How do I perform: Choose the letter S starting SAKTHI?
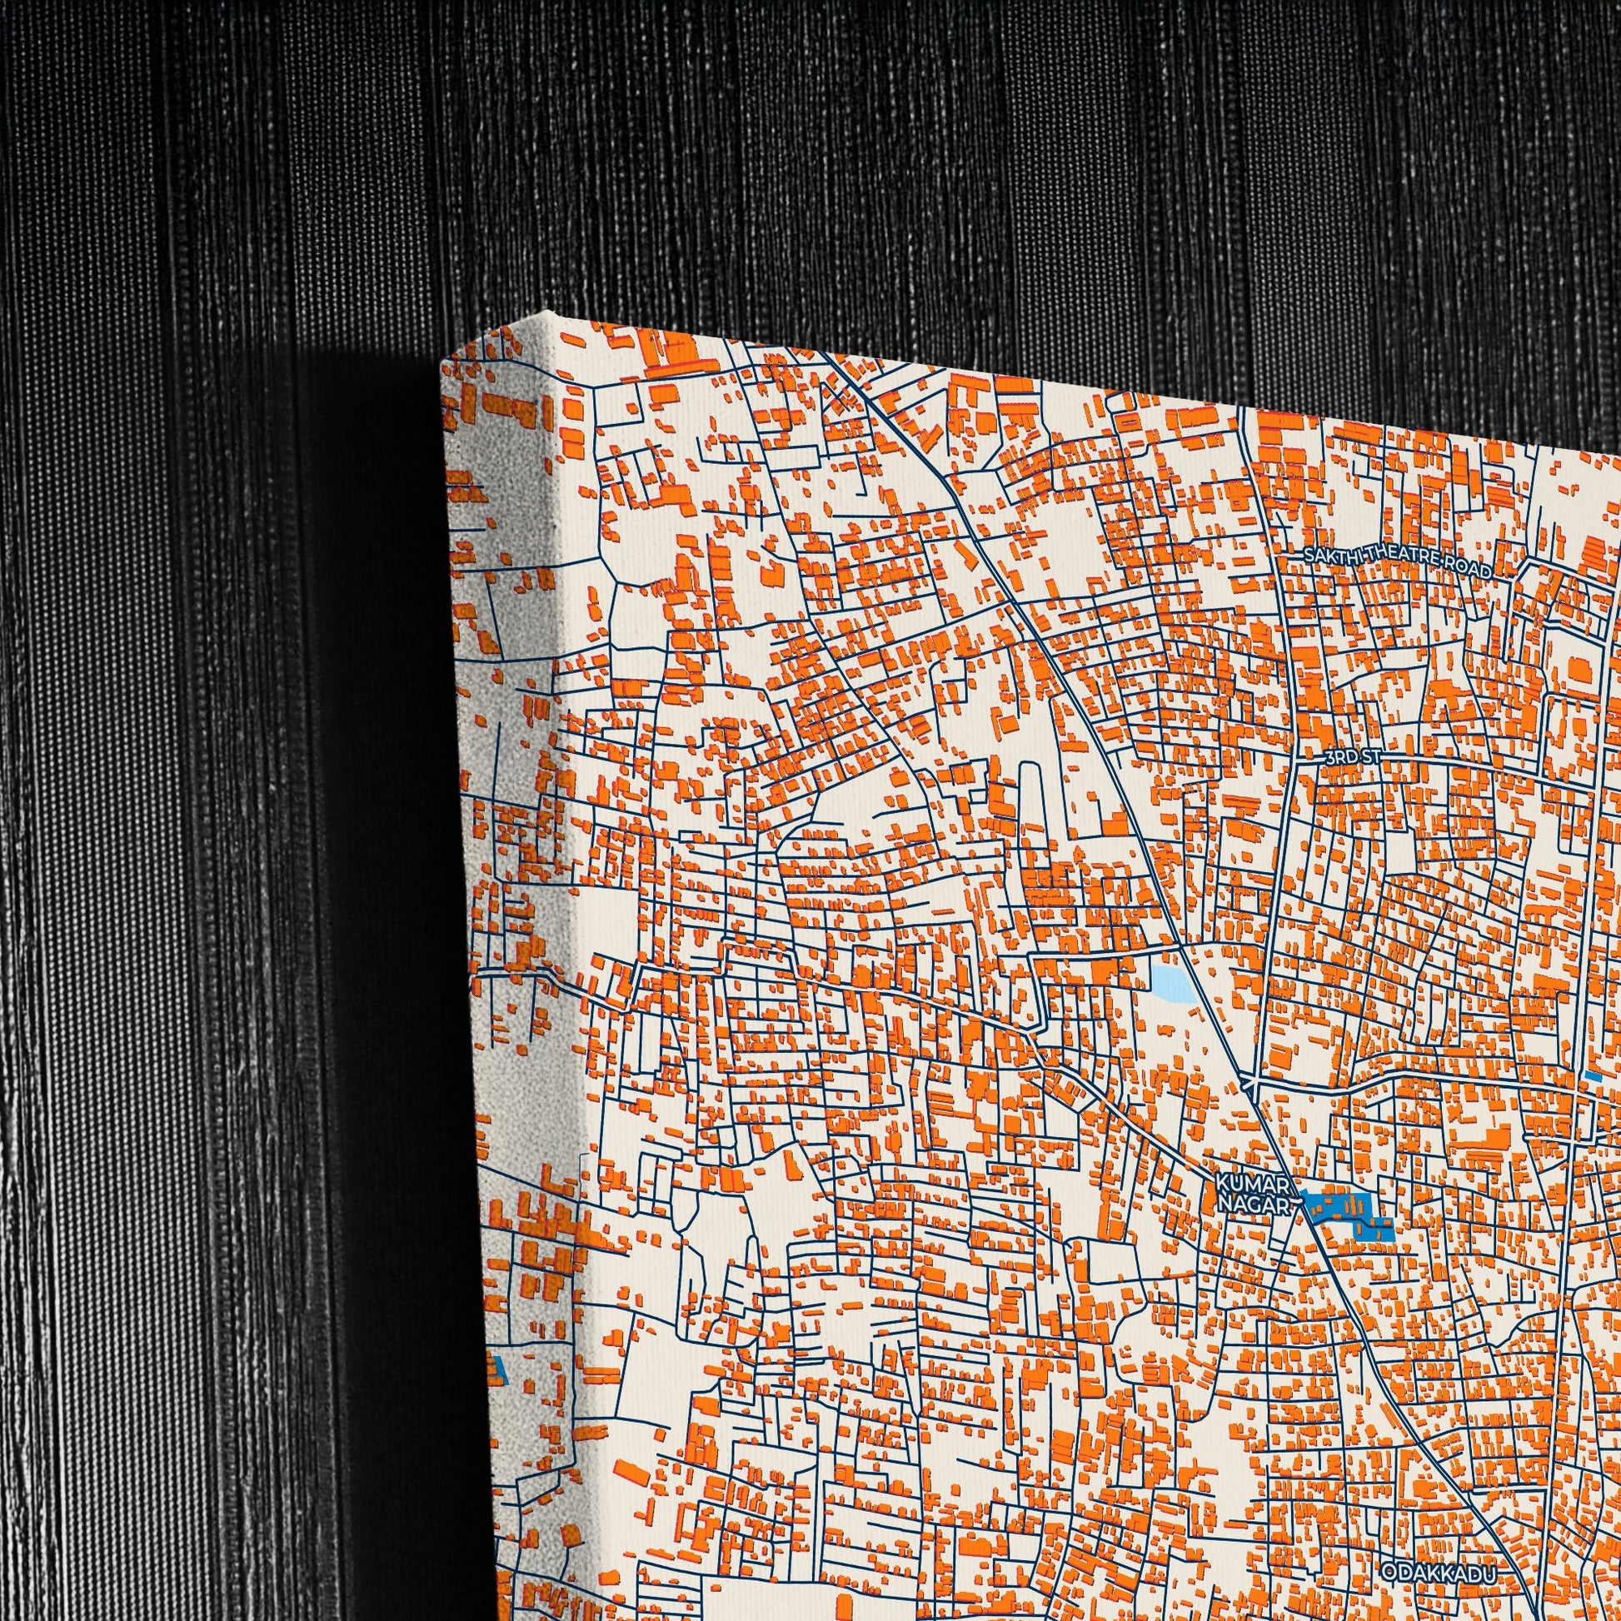pyautogui.click(x=1308, y=554)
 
